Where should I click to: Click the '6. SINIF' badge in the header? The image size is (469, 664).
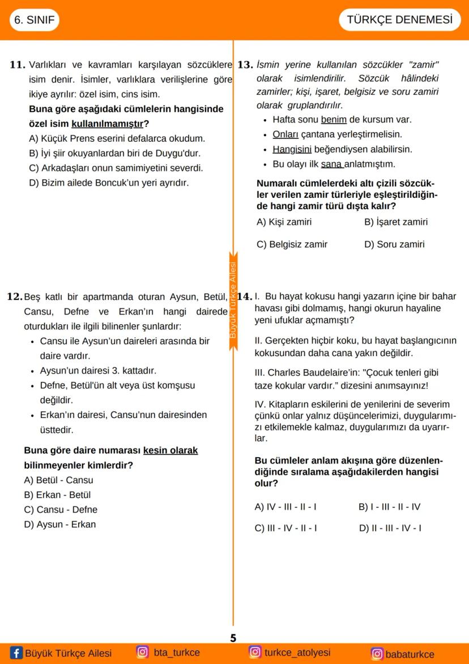tap(35, 20)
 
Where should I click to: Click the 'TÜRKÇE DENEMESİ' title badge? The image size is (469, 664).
tap(399, 20)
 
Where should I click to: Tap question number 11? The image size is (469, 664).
tap(18, 65)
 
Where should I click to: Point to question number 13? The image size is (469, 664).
tap(245, 65)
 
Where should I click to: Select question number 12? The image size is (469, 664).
tap(15, 297)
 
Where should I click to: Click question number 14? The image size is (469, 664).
tap(244, 297)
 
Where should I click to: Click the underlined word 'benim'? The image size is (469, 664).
tap(334, 120)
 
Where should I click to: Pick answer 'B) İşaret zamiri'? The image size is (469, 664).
tap(396, 222)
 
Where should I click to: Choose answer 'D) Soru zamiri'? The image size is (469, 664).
tap(394, 244)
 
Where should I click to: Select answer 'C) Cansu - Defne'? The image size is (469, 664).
tap(61, 509)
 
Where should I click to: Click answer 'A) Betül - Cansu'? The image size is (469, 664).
tap(59, 480)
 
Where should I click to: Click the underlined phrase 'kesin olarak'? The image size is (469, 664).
tap(170, 450)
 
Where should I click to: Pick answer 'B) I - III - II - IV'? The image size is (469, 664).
tap(389, 506)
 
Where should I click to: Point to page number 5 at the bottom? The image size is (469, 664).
tap(233, 638)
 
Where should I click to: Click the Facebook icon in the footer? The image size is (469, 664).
tap(16, 653)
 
